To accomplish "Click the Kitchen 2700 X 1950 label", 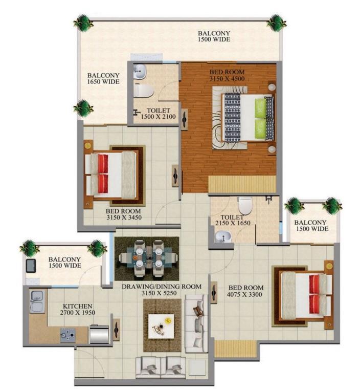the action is [x=78, y=309].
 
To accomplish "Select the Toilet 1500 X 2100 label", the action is [x=158, y=114].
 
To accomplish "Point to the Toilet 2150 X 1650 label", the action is [x=233, y=220].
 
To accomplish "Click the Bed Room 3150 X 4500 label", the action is [x=227, y=75].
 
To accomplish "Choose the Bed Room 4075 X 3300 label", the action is [x=244, y=291].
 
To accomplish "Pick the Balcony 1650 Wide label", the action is [x=103, y=78].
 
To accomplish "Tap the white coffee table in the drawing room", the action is [x=161, y=326].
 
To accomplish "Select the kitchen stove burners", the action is [x=67, y=335].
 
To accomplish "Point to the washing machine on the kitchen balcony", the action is [x=31, y=266].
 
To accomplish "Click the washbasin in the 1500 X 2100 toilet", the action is [x=140, y=72].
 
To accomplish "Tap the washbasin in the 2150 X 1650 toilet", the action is [x=223, y=236].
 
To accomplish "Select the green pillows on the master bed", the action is [x=260, y=118].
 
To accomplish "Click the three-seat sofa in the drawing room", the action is [x=196, y=323].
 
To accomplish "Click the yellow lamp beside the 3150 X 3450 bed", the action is [x=87, y=145].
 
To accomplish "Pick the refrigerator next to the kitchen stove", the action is [x=99, y=334].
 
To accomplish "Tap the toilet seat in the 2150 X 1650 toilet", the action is [x=245, y=206].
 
